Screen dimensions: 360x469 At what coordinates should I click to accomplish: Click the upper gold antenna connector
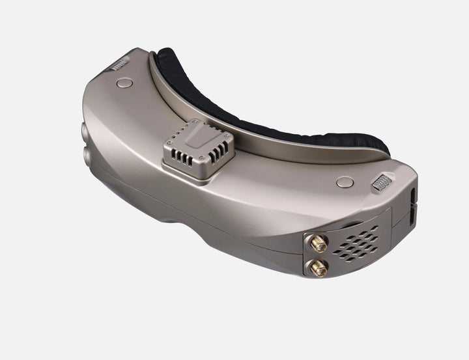click(319, 245)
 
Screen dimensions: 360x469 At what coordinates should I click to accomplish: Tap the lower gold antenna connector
click(319, 266)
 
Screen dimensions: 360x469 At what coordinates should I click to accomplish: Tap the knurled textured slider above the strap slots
click(383, 182)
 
